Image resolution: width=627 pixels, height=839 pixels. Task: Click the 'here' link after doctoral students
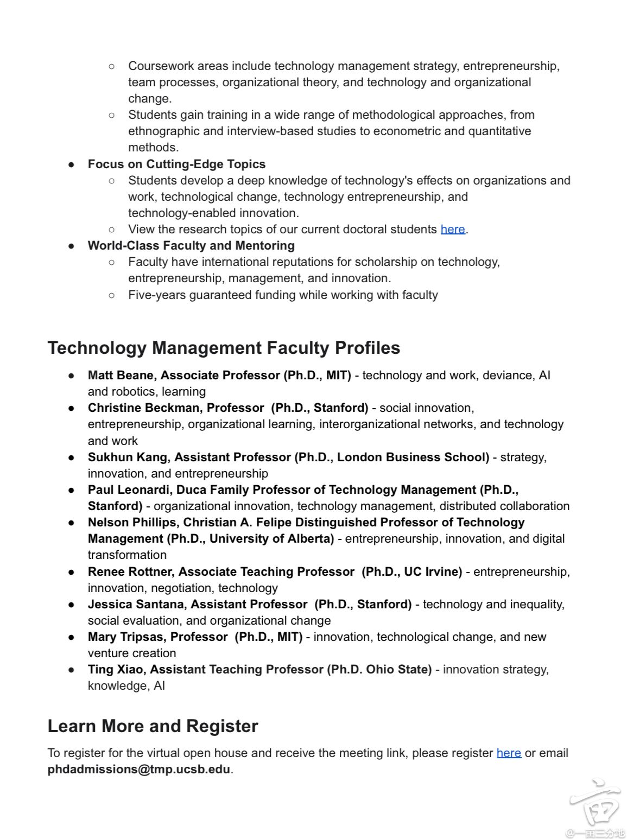(452, 230)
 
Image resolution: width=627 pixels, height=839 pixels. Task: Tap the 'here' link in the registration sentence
(509, 753)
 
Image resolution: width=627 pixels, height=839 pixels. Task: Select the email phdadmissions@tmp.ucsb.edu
(139, 770)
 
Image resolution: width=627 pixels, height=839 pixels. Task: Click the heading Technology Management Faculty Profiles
(224, 348)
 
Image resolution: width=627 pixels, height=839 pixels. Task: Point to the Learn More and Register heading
(153, 726)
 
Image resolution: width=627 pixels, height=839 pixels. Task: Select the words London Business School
(411, 457)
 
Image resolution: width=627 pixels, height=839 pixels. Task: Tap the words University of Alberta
(271, 539)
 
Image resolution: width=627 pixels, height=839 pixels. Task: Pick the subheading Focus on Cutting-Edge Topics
(176, 164)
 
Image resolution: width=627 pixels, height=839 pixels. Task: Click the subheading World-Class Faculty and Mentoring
(191, 246)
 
